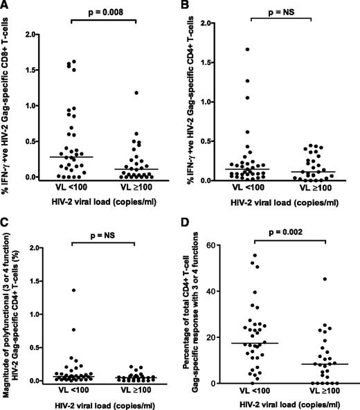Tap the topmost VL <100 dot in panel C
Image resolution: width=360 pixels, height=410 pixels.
tap(72, 270)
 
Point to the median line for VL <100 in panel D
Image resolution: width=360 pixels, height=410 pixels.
tap(260, 343)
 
